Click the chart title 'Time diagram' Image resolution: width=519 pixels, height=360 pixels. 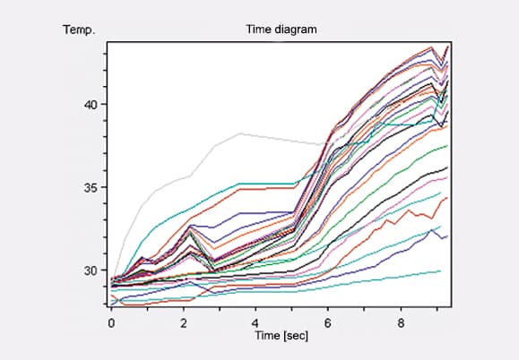(281, 30)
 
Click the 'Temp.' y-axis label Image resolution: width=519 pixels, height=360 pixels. (79, 30)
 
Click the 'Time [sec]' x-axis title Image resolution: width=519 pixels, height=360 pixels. (281, 336)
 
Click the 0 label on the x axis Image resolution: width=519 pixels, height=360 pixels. (111, 323)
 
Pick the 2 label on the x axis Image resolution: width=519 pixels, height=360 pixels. (184, 323)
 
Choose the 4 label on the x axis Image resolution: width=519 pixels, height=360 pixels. (255, 323)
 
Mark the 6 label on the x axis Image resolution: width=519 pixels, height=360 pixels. (328, 323)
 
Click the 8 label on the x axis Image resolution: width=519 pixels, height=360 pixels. (401, 323)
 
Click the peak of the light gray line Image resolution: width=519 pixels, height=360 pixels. (240, 133)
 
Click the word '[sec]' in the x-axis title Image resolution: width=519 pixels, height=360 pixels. (296, 336)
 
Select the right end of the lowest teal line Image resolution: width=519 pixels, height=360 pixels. (440, 271)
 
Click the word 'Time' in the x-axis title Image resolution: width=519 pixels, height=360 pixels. (267, 335)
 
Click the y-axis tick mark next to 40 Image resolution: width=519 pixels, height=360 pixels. (105, 104)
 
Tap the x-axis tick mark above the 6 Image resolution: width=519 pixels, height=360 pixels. (328, 310)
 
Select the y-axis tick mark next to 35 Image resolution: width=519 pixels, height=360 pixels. (105, 187)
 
